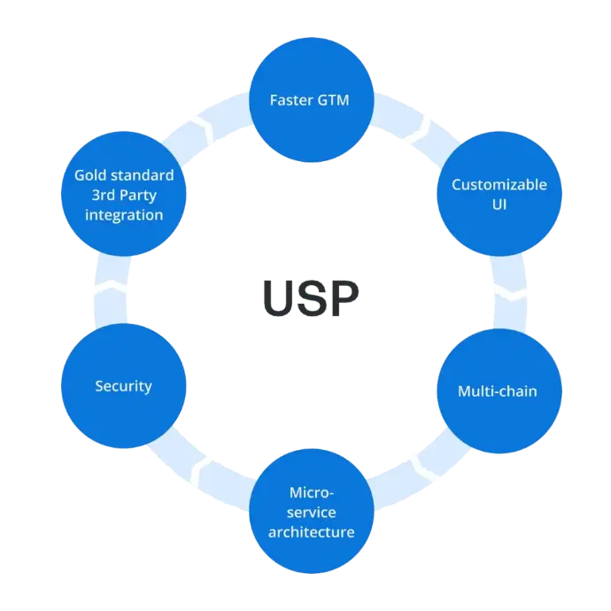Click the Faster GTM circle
click(x=309, y=99)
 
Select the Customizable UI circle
click(x=499, y=194)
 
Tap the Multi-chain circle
click(x=498, y=391)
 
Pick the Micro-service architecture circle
click(x=311, y=512)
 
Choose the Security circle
click(x=123, y=386)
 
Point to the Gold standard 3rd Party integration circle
click(x=124, y=194)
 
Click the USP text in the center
click(x=311, y=298)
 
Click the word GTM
click(x=332, y=99)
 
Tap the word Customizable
click(x=499, y=184)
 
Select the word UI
click(x=499, y=205)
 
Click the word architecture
click(x=311, y=532)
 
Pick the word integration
click(x=124, y=214)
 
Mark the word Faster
click(x=291, y=99)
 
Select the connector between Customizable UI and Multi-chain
click(x=509, y=292)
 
